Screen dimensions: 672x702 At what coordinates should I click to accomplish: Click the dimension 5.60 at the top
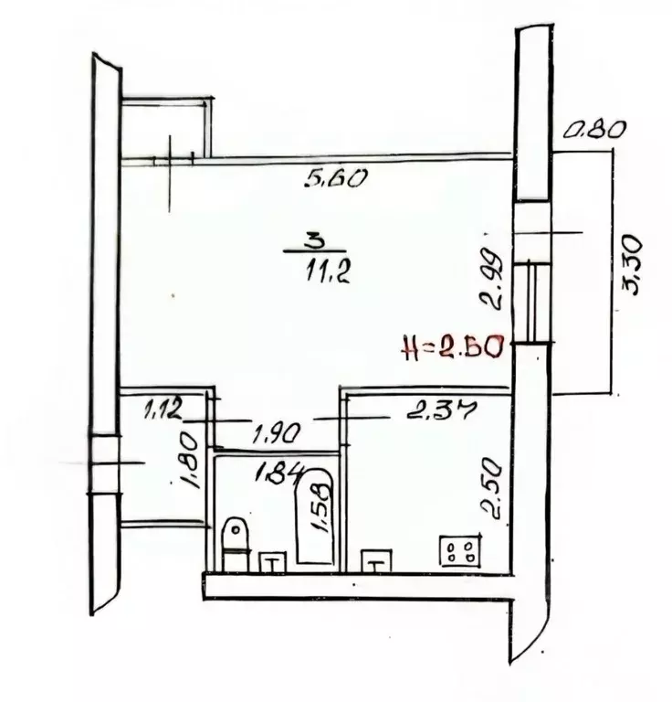(335, 178)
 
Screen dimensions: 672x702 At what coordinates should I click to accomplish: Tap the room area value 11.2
(328, 271)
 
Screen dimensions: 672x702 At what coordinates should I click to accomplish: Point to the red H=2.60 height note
(453, 346)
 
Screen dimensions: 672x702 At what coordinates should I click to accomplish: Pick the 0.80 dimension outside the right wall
(593, 132)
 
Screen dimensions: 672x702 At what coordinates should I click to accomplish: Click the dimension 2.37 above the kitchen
(440, 410)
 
